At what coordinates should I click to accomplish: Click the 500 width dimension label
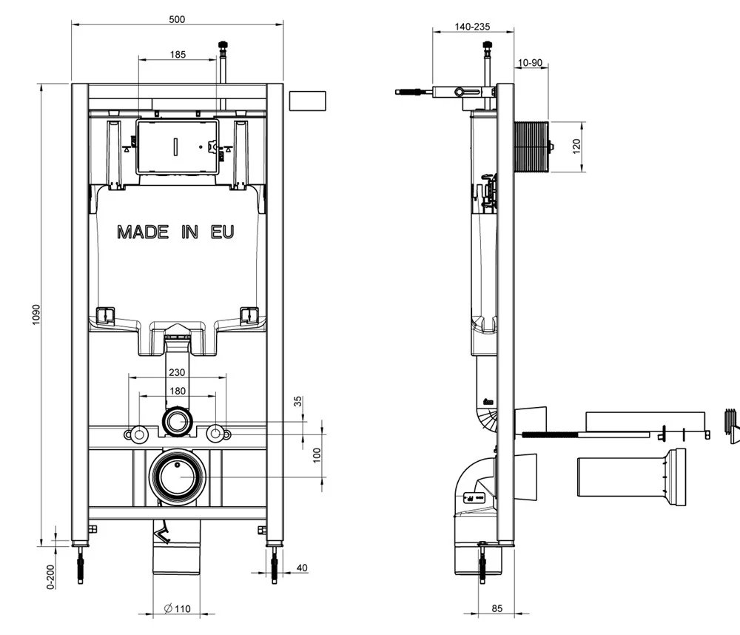click(x=177, y=19)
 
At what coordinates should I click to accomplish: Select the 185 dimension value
click(x=178, y=54)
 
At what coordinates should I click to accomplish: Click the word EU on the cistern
click(x=223, y=232)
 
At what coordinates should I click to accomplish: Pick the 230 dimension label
click(x=176, y=373)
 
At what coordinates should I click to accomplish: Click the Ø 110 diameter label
click(x=178, y=608)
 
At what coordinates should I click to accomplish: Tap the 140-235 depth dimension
click(x=473, y=27)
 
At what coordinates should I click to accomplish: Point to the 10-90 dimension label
click(x=531, y=63)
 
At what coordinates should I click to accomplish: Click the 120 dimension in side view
click(x=576, y=147)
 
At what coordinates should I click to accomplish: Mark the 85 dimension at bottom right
click(x=497, y=608)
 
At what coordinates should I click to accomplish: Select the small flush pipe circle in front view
click(x=177, y=423)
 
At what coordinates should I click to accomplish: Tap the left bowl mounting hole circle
click(x=138, y=434)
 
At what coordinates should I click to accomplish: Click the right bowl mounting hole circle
click(x=215, y=434)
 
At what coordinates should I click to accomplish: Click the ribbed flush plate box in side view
click(x=530, y=147)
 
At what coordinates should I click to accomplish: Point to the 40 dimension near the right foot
click(x=301, y=568)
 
